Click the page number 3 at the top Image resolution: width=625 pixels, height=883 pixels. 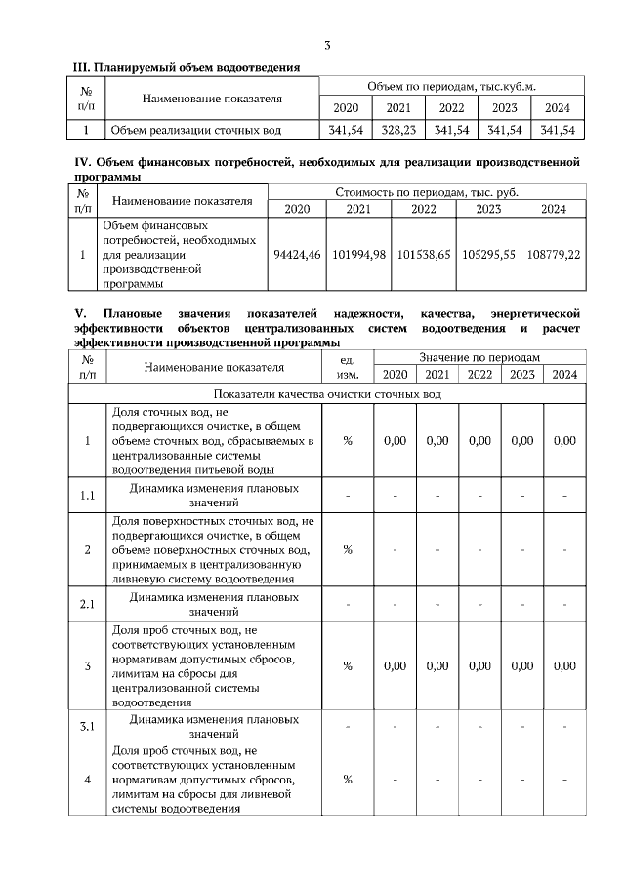click(x=327, y=46)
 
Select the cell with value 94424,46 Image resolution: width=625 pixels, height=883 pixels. click(x=295, y=254)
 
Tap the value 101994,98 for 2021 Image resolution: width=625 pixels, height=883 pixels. click(x=359, y=254)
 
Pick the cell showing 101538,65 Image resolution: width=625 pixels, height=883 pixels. click(x=424, y=254)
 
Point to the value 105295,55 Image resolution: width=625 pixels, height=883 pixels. click(x=488, y=254)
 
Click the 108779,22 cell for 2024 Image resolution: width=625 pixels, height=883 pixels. click(x=553, y=254)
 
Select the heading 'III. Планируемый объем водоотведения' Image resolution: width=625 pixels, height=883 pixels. click(x=187, y=67)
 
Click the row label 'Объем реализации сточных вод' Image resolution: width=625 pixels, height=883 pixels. click(x=196, y=130)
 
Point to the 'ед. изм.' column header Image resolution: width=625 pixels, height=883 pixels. click(x=348, y=367)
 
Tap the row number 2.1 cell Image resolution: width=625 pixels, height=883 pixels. click(x=87, y=604)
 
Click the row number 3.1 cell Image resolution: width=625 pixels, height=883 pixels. click(x=87, y=727)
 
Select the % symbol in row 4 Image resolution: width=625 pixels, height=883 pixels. click(x=348, y=779)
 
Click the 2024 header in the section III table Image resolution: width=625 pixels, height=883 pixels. click(x=557, y=107)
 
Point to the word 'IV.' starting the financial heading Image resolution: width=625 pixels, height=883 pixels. click(x=83, y=162)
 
